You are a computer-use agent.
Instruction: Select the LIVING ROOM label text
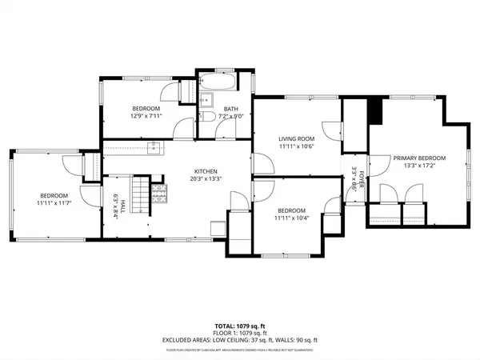294,138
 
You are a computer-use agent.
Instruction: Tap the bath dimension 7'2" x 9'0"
231,117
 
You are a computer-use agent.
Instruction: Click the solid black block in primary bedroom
376,111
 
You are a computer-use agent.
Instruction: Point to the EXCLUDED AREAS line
240,341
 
